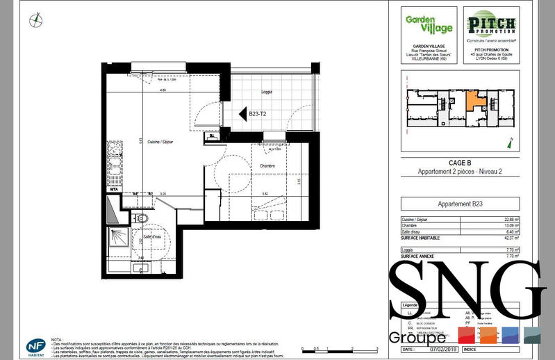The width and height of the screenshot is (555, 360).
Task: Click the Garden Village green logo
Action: [x=429, y=26]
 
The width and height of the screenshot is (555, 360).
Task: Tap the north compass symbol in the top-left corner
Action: [x=35, y=21]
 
